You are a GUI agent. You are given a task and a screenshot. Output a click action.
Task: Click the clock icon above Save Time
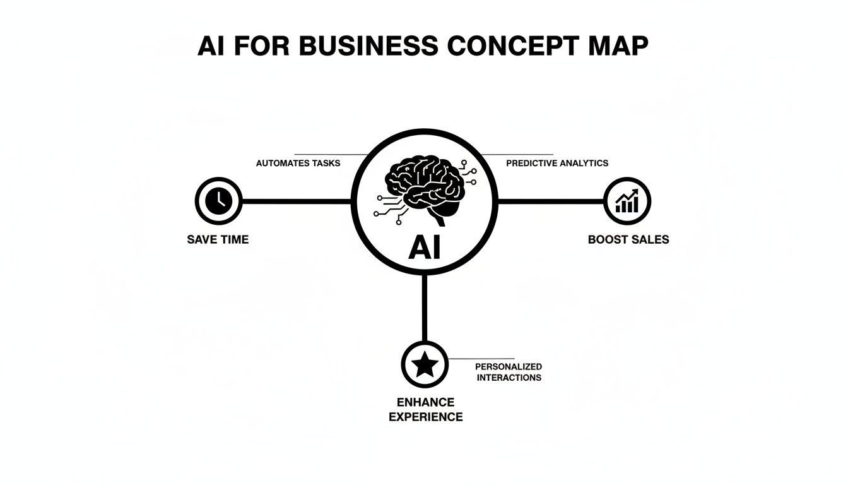pyautogui.click(x=218, y=201)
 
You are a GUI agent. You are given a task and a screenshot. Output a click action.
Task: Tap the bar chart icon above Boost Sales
pyautogui.click(x=627, y=201)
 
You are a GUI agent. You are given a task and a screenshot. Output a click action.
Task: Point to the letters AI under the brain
pyautogui.click(x=425, y=248)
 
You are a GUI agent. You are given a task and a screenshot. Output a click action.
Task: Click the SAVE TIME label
pyautogui.click(x=218, y=239)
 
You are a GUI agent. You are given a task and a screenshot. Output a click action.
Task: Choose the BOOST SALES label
pyautogui.click(x=628, y=239)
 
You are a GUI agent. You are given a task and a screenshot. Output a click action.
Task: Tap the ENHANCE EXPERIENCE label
pyautogui.click(x=425, y=409)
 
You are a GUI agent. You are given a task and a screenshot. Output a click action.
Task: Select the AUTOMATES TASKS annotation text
pyautogui.click(x=298, y=163)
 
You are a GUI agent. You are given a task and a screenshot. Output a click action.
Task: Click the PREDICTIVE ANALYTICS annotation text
pyautogui.click(x=557, y=163)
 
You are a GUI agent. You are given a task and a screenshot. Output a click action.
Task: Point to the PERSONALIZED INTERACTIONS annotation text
pyautogui.click(x=509, y=372)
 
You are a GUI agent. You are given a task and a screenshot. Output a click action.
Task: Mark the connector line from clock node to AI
pyautogui.click(x=297, y=201)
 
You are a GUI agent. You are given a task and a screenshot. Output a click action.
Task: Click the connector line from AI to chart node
pyautogui.click(x=551, y=201)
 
